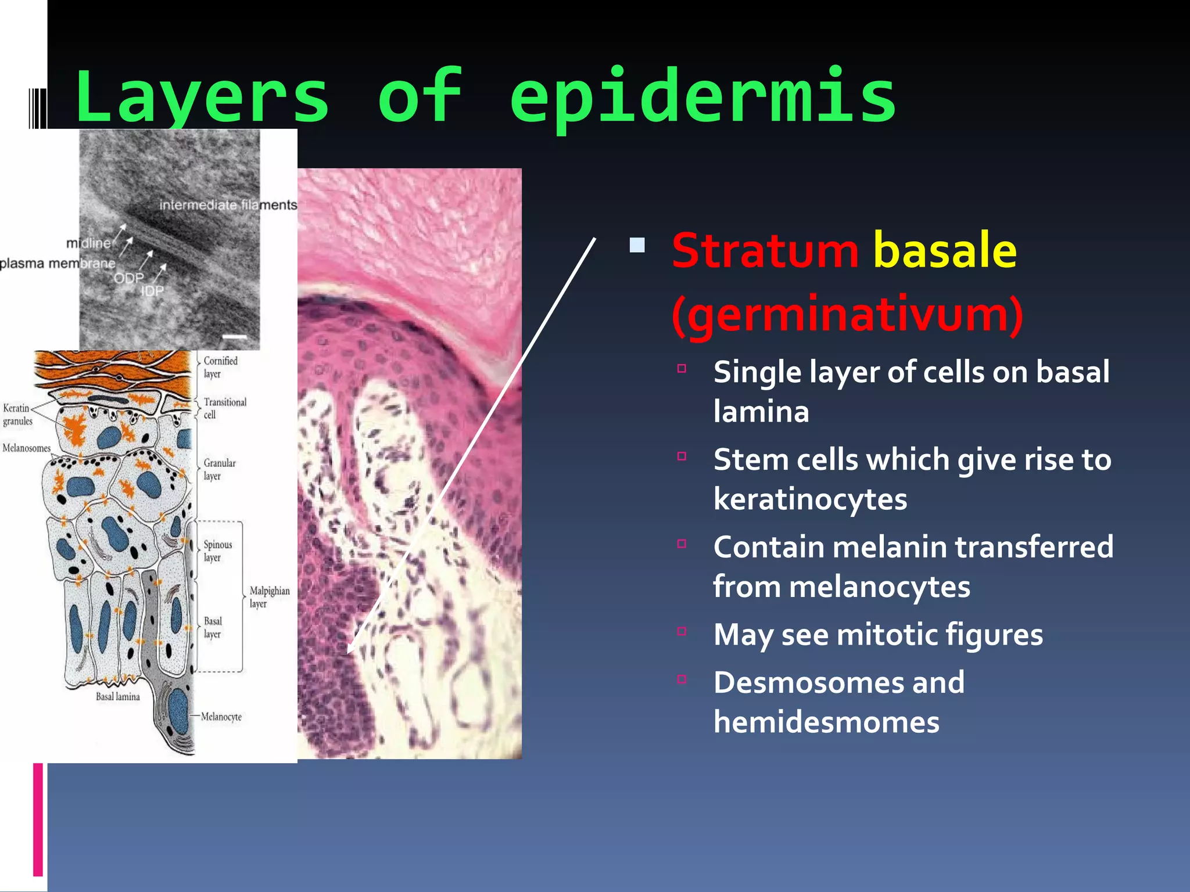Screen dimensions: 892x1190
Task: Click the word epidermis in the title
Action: pos(703,98)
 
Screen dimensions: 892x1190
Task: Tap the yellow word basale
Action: pos(945,250)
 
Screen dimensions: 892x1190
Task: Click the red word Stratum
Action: pos(765,250)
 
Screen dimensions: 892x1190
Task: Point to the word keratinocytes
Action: pos(810,499)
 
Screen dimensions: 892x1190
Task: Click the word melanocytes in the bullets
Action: pos(880,587)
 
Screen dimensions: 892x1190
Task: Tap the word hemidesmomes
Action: pos(826,722)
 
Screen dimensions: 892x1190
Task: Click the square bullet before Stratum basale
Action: pos(637,246)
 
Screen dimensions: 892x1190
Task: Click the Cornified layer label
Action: pos(220,367)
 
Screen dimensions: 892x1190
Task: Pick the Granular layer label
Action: pos(219,469)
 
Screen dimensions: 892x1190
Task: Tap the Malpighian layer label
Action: pos(269,597)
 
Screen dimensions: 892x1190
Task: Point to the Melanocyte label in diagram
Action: pos(221,717)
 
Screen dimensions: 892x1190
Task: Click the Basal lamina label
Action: pos(118,697)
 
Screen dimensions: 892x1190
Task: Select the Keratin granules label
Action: pos(17,415)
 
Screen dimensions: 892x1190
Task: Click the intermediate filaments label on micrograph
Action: pos(228,205)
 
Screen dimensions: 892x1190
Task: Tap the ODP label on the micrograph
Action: pos(128,278)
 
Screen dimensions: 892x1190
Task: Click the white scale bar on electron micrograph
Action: pos(235,337)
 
